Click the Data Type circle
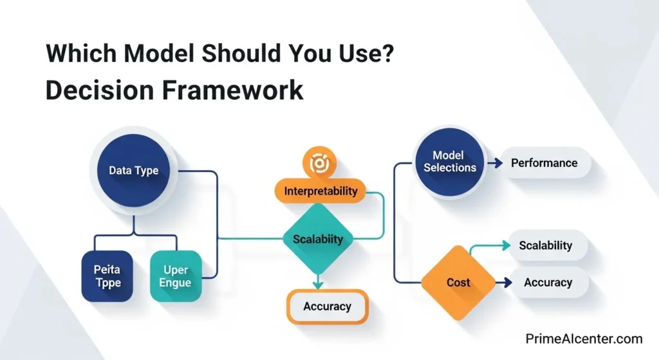point(133,171)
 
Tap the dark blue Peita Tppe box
point(107,275)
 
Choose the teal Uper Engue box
point(176,275)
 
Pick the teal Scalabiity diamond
point(318,239)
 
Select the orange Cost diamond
point(458,283)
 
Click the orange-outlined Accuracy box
point(327,306)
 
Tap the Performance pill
point(544,163)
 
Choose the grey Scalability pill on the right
point(546,245)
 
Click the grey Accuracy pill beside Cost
point(548,282)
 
